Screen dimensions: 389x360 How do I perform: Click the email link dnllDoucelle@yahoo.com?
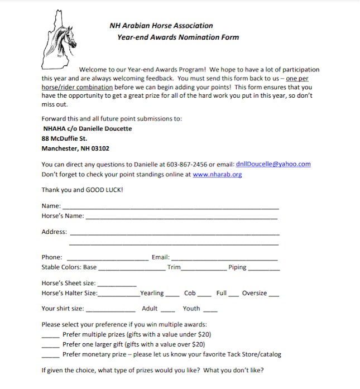273,164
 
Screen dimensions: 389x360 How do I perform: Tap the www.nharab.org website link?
217,174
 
